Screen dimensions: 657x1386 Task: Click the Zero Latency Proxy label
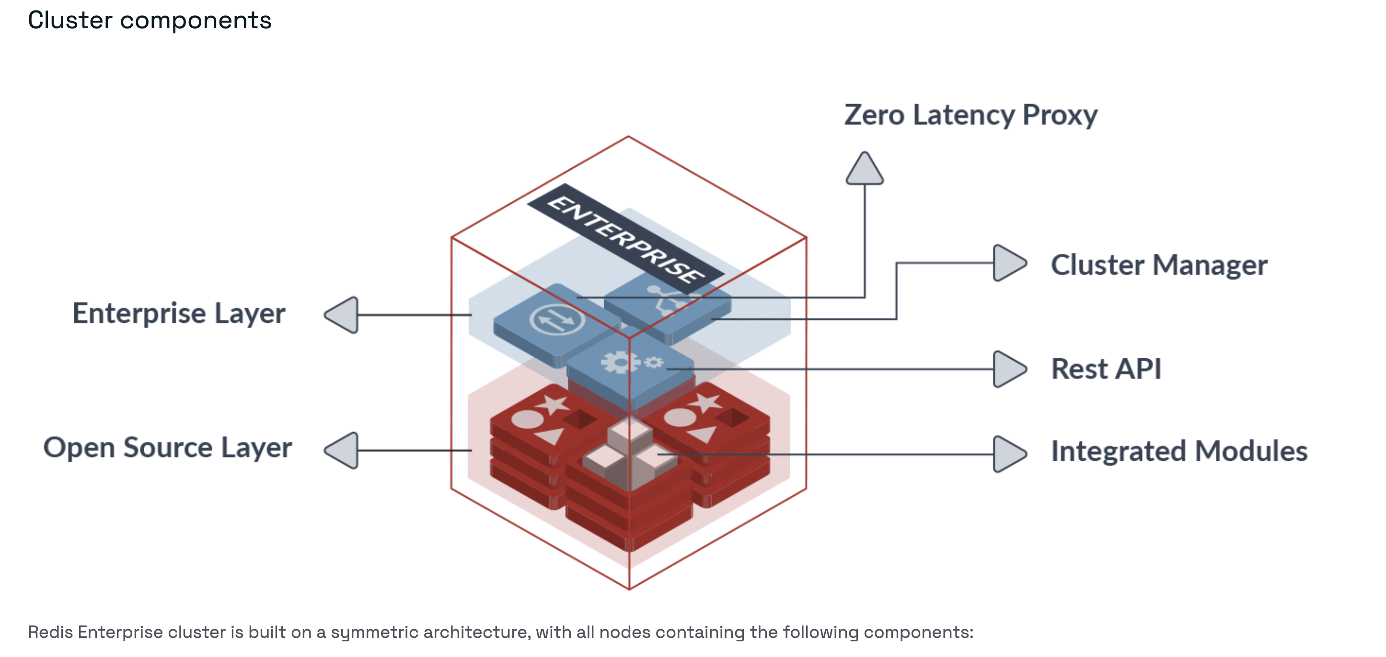(970, 115)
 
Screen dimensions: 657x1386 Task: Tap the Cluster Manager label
(1159, 265)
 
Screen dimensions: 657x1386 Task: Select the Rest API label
(1106, 369)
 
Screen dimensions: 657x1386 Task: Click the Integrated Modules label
(1179, 451)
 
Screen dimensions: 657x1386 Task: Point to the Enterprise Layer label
(179, 314)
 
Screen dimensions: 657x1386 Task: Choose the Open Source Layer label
(167, 448)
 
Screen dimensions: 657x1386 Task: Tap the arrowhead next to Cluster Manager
(1008, 263)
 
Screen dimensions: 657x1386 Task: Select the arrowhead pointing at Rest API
(1008, 369)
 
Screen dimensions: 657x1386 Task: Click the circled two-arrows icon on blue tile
(556, 320)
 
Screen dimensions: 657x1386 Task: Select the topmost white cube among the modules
(630, 431)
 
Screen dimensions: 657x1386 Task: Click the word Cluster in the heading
(70, 21)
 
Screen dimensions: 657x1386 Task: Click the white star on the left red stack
(552, 404)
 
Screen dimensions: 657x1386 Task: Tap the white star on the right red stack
(705, 402)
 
